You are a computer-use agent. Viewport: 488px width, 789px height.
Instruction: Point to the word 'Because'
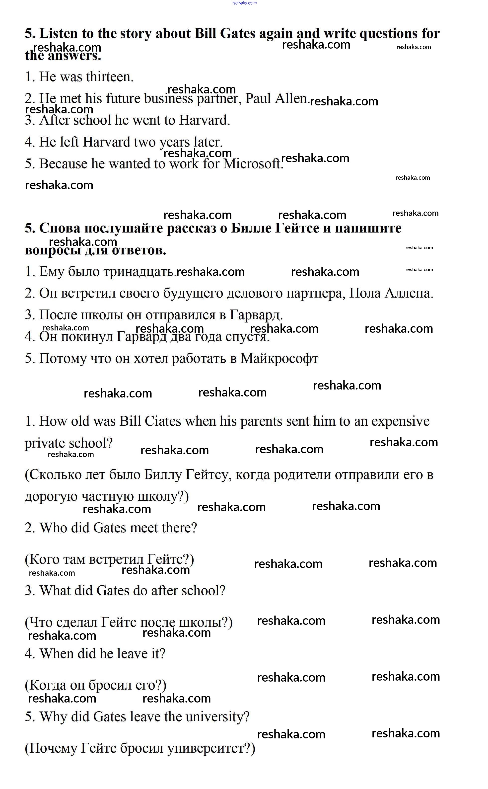tap(63, 164)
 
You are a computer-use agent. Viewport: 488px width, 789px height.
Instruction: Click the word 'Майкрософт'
tap(279, 359)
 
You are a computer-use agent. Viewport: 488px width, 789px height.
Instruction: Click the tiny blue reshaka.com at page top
tap(244, 2)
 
